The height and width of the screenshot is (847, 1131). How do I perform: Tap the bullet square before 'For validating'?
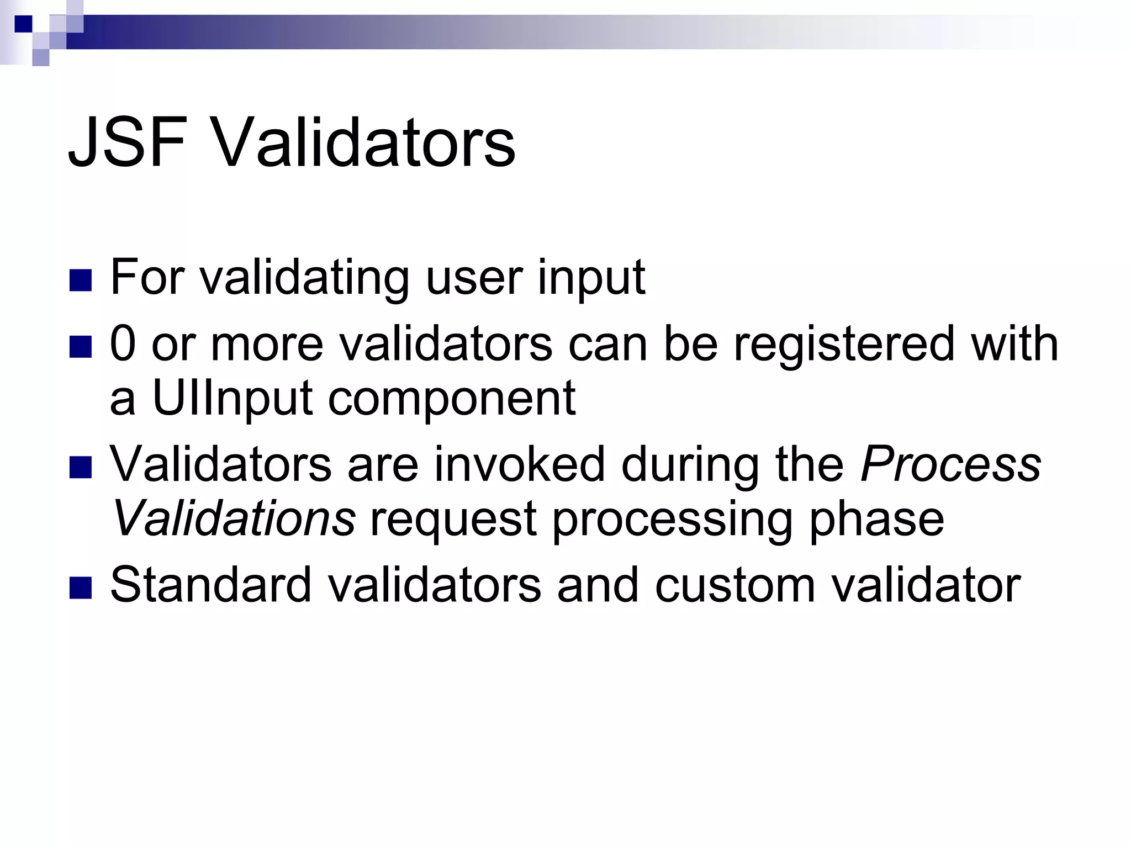pyautogui.click(x=80, y=280)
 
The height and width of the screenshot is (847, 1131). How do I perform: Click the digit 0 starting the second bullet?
pyautogui.click(x=123, y=344)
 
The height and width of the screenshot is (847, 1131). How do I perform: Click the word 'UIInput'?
pyautogui.click(x=232, y=399)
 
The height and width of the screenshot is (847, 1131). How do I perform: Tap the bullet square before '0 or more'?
pyautogui.click(x=80, y=347)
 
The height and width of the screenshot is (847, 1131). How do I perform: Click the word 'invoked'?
pyautogui.click(x=519, y=464)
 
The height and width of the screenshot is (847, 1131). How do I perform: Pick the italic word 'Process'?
pyautogui.click(x=950, y=464)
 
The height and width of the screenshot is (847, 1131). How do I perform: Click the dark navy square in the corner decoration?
pyautogui.click(x=23, y=24)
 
